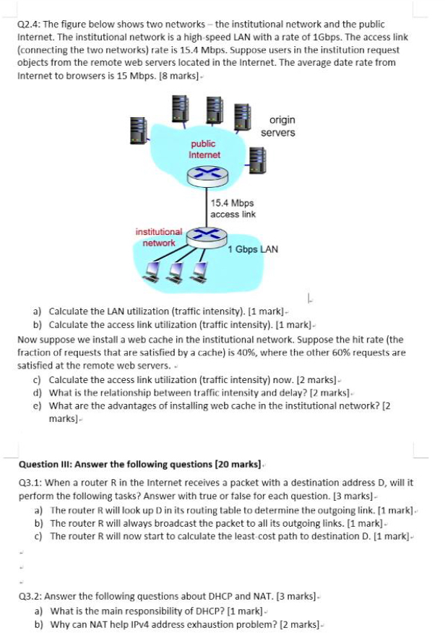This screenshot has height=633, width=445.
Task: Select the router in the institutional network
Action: click(x=207, y=236)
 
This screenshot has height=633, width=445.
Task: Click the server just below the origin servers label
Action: click(x=257, y=160)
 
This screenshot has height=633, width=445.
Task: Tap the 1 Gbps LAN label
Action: click(x=253, y=249)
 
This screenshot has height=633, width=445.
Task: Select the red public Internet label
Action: click(x=204, y=149)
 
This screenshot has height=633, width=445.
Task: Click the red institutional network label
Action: click(x=159, y=237)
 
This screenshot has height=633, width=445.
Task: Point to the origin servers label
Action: click(x=278, y=126)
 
